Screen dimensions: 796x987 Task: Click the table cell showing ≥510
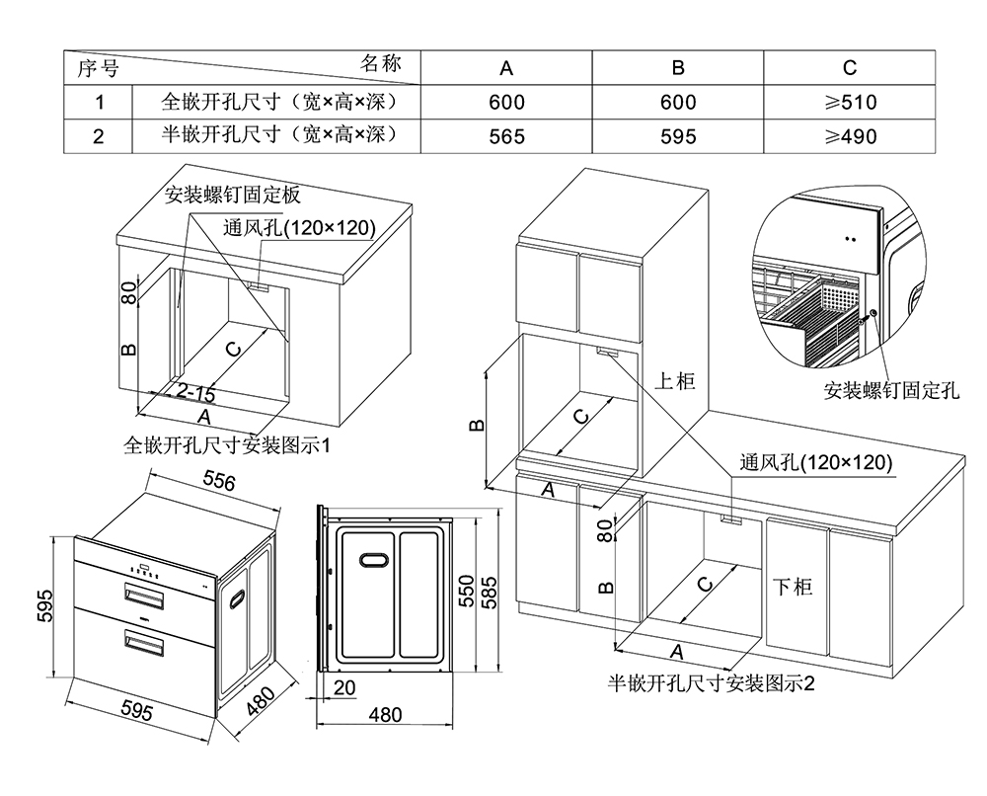tap(850, 102)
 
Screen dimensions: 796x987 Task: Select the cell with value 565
tap(506, 136)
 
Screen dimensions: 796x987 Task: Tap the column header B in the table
tap(678, 67)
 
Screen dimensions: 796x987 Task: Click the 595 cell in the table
tap(678, 136)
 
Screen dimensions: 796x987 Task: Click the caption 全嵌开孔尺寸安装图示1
tap(226, 445)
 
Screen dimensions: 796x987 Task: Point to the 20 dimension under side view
tap(344, 686)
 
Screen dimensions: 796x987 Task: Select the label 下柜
tap(792, 587)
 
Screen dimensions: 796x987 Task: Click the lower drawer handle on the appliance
tap(144, 643)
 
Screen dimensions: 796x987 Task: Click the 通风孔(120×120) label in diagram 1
tap(299, 228)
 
